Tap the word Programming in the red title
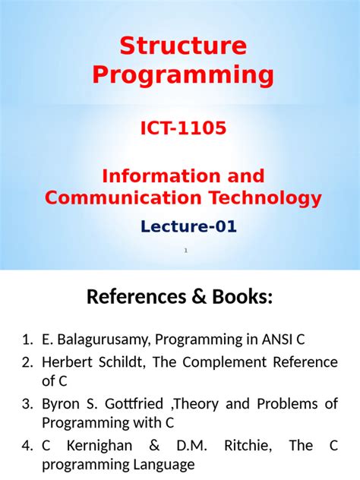(183, 75)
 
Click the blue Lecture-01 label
(188, 226)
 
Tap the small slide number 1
(185, 250)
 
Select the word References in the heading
(135, 298)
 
